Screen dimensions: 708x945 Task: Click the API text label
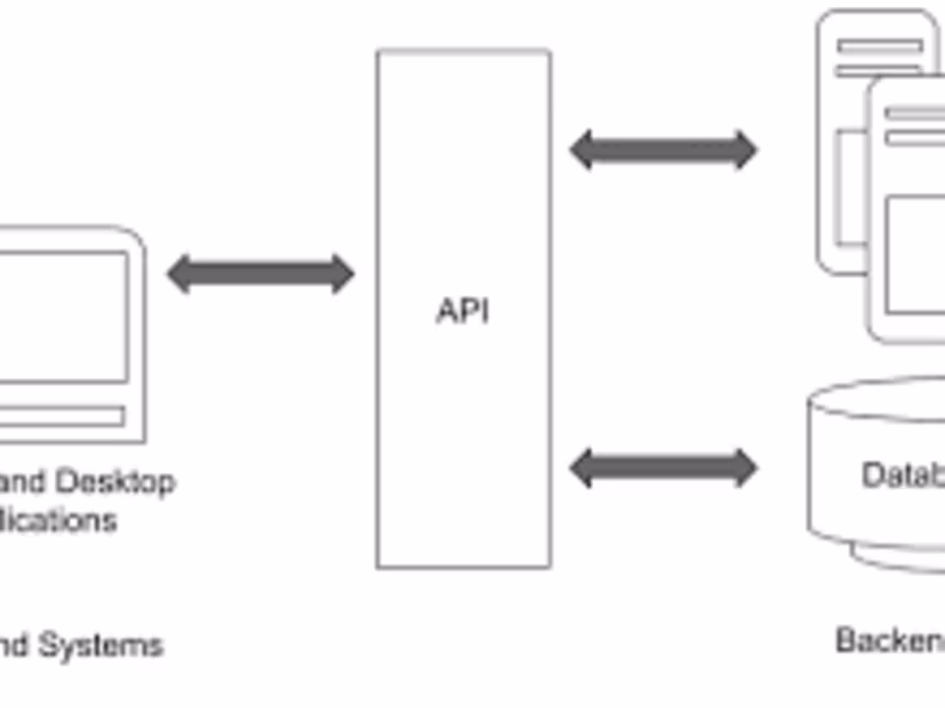point(463,311)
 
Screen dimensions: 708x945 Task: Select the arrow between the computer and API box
point(260,274)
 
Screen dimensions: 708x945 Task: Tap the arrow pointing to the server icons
point(663,150)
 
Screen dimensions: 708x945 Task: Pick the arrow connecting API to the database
point(663,468)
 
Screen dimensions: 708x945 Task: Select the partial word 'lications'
point(58,521)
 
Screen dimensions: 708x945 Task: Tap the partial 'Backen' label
point(890,640)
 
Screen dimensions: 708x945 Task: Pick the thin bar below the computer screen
point(60,417)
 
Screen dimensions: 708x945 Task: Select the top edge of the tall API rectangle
point(463,51)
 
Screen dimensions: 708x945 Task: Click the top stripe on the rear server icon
point(881,46)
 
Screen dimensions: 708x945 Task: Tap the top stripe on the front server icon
point(916,113)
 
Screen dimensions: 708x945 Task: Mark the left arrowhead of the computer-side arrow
point(179,274)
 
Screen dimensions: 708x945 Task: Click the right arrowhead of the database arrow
point(744,468)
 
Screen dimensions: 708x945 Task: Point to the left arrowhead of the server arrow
point(582,150)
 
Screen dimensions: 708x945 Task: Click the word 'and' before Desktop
point(24,482)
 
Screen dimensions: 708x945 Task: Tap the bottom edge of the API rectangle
point(463,567)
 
